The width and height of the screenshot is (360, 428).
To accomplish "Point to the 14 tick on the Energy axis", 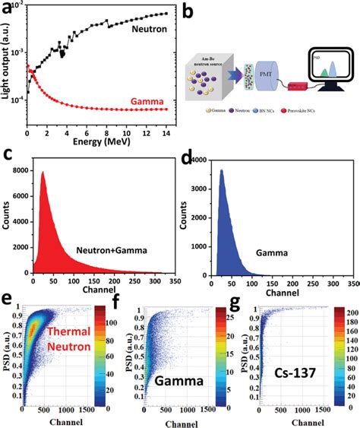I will pos(167,125).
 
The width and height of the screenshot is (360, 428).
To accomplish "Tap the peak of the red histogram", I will pos(43,173).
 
